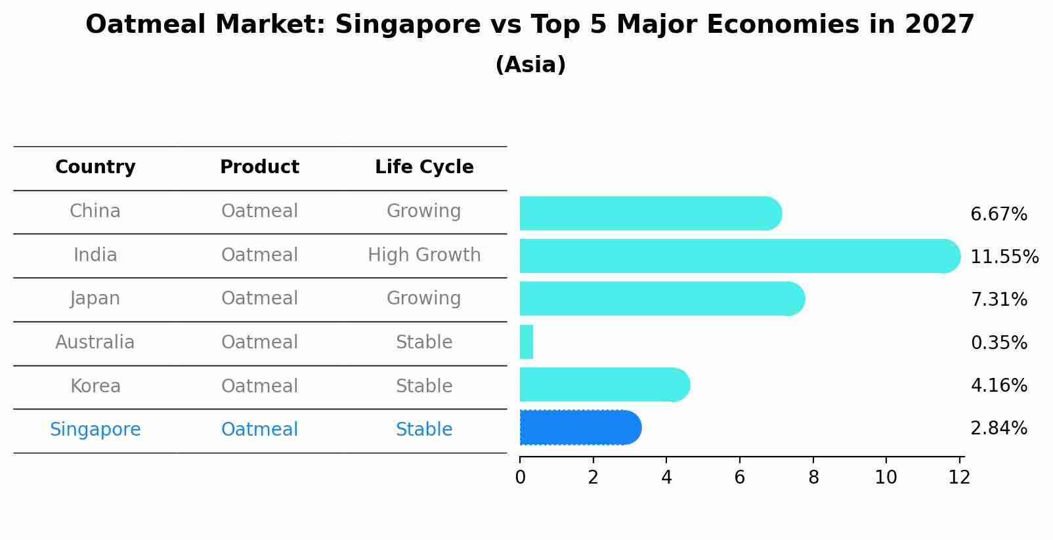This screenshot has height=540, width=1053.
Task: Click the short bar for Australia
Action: pyautogui.click(x=526, y=342)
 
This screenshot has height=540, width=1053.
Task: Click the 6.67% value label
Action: pyautogui.click(x=999, y=215)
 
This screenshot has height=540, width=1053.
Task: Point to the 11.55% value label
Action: pyautogui.click(x=1004, y=257)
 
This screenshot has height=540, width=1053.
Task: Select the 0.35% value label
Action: pyautogui.click(x=999, y=343)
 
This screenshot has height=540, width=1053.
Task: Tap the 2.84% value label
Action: pyautogui.click(x=999, y=428)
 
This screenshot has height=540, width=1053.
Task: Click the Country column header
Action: pyautogui.click(x=95, y=167)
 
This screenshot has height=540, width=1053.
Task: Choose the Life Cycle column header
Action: pyautogui.click(x=424, y=167)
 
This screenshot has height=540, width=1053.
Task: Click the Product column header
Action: pyautogui.click(x=259, y=167)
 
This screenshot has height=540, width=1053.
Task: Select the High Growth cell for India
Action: pyautogui.click(x=424, y=255)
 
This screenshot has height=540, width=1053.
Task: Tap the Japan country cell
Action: pyautogui.click(x=95, y=299)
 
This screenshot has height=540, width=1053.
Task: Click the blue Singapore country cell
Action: pyautogui.click(x=95, y=430)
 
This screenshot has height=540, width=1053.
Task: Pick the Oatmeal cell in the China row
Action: pyautogui.click(x=259, y=211)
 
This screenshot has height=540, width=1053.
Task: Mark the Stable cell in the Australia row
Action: pyautogui.click(x=424, y=343)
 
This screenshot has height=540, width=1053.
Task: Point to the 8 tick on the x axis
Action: pyautogui.click(x=813, y=478)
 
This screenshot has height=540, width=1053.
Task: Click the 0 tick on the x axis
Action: pyautogui.click(x=520, y=478)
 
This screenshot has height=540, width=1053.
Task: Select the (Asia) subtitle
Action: pyautogui.click(x=530, y=65)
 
